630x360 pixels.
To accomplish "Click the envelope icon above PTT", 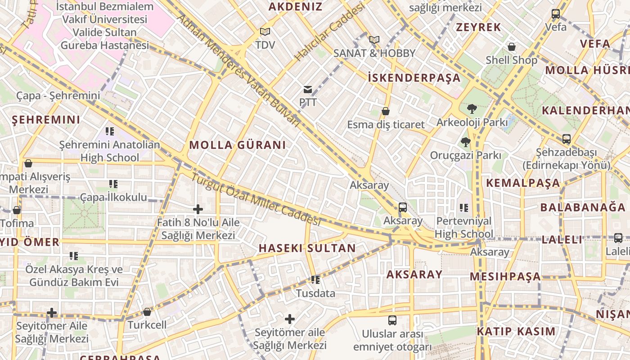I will pyautogui.click(x=308, y=90).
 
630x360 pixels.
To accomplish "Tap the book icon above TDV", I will pyautogui.click(x=265, y=32).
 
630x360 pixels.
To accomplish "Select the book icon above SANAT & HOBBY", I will pyautogui.click(x=374, y=40).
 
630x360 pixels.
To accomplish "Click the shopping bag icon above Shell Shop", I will pyautogui.click(x=512, y=47).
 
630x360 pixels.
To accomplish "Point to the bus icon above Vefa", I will pyautogui.click(x=556, y=14).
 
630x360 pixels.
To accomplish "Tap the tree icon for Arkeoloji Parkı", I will pyautogui.click(x=472, y=108).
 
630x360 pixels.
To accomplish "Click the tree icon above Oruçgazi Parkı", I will pyautogui.click(x=465, y=142).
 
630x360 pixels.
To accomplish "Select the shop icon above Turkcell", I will pyautogui.click(x=147, y=312).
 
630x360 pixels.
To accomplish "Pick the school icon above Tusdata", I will pyautogui.click(x=315, y=280).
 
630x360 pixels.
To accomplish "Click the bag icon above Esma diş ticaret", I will pyautogui.click(x=386, y=111).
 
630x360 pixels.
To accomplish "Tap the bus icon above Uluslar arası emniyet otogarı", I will pyautogui.click(x=392, y=320).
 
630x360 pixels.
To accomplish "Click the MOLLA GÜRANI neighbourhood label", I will pyautogui.click(x=238, y=145).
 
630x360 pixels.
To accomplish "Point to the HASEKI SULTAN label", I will pyautogui.click(x=307, y=248).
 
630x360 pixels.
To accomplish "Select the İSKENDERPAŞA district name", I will pyautogui.click(x=414, y=78).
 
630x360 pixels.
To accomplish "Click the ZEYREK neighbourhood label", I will pyautogui.click(x=478, y=27).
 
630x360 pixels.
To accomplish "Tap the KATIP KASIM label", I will pyautogui.click(x=516, y=332).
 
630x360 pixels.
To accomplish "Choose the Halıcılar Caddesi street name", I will pyautogui.click(x=329, y=34).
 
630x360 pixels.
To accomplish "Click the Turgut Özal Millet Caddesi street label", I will pyautogui.click(x=255, y=199).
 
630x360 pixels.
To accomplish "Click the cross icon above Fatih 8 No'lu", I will pyautogui.click(x=198, y=209).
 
